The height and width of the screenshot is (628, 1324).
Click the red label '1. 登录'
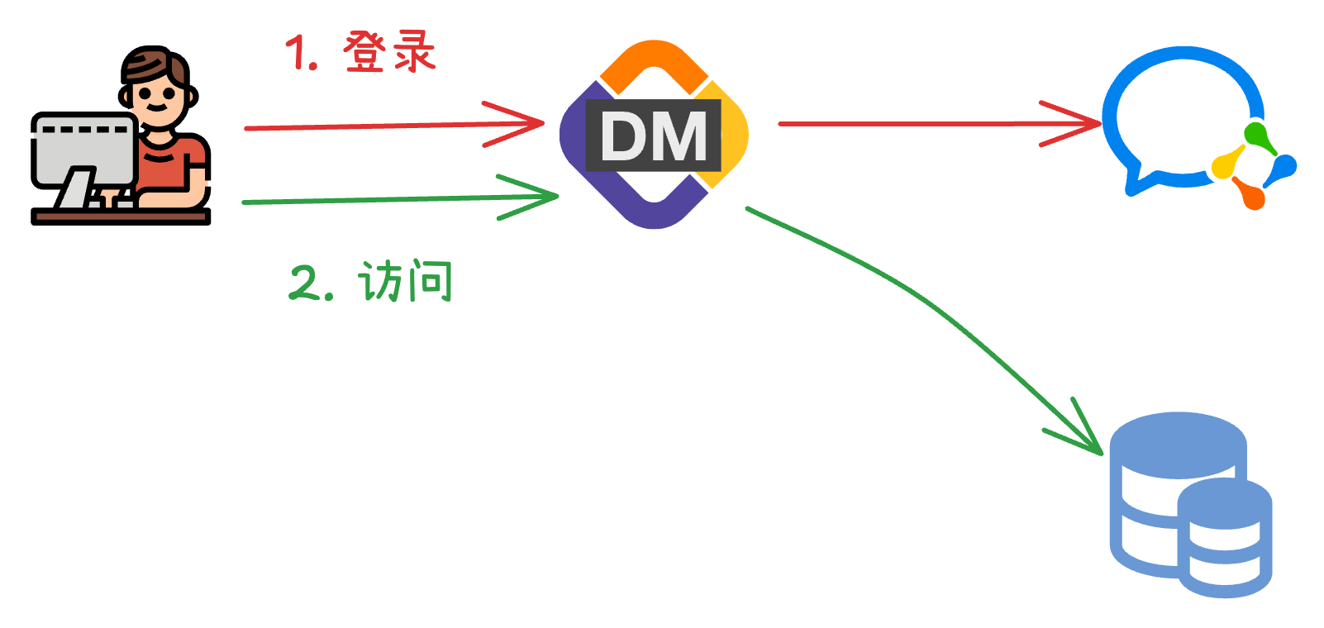click(x=360, y=53)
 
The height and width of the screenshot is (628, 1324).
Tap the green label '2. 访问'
click(x=371, y=282)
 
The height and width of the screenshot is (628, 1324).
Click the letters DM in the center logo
click(x=653, y=136)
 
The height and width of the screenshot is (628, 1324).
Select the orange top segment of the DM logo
click(x=653, y=58)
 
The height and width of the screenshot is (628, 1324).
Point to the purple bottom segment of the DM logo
click(x=655, y=213)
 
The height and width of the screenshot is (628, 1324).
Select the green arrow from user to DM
click(x=397, y=199)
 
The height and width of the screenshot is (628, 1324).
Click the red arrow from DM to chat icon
click(x=934, y=124)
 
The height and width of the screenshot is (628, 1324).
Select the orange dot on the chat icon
click(x=1252, y=197)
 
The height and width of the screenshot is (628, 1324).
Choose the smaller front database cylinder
click(x=1225, y=537)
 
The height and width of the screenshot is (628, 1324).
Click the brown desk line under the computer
click(x=121, y=216)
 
